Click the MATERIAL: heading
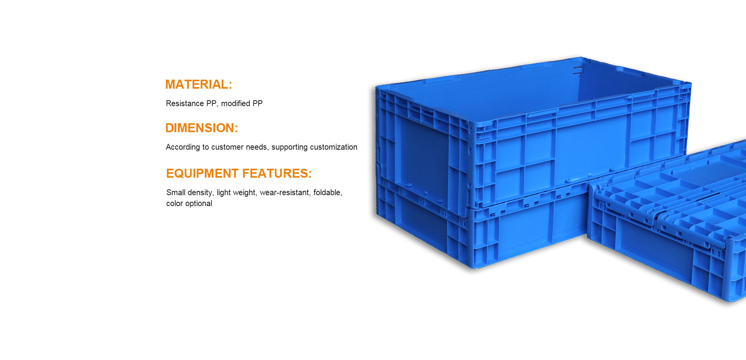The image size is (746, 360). click(x=199, y=84)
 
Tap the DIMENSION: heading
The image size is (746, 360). click(x=202, y=128)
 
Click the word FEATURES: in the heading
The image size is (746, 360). click(x=275, y=173)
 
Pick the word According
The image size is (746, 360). click(x=183, y=147)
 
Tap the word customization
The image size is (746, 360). click(x=334, y=147)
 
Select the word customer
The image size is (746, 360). click(x=227, y=147)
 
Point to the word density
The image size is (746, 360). click(x=201, y=192)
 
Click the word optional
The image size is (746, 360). click(x=199, y=203)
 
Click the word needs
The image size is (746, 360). click(x=257, y=147)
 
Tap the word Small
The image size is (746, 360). click(x=176, y=192)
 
